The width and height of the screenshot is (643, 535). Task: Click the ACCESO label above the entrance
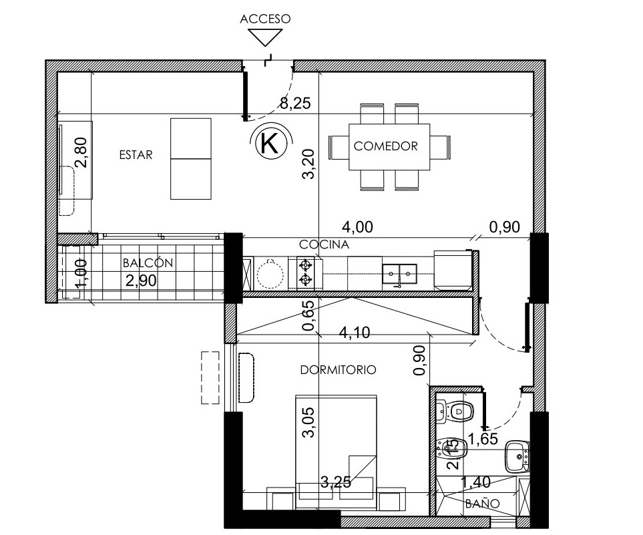pos(265,19)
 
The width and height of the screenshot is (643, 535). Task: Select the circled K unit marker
pos(271,143)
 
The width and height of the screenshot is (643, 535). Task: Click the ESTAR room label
pos(136,155)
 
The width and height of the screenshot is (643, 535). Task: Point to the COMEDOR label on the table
pos(385,146)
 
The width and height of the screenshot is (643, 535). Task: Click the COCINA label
pos(324,244)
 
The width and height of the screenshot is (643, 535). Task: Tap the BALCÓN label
pos(148,262)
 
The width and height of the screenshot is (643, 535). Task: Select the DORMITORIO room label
pos(339,370)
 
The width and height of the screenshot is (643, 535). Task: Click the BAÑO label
pos(482,504)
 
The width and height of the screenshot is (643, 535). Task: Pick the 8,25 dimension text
pos(295,103)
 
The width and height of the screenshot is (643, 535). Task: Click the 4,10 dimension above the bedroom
pos(355,332)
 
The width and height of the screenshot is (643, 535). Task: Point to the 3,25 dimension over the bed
pos(336,482)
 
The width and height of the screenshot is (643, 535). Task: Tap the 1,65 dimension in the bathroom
pos(483,439)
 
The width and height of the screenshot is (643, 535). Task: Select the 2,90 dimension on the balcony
pos(141,281)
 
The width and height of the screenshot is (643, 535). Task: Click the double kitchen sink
pos(399,274)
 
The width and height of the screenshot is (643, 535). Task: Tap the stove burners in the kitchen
pos(304,272)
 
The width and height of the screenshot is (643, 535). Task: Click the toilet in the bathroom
pos(455,411)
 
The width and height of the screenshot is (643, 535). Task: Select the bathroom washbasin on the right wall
pos(517,456)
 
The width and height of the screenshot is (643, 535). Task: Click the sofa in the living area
pos(191,159)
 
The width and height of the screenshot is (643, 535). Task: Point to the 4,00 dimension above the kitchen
pos(358,227)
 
